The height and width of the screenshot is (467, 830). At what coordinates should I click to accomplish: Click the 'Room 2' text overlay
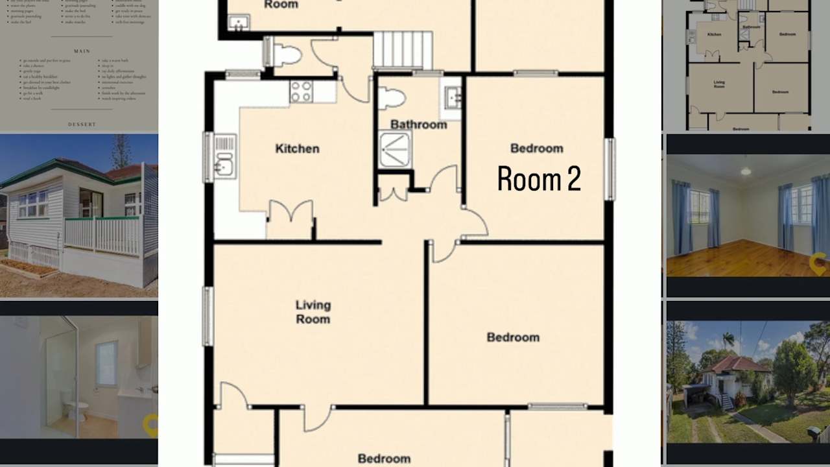539,179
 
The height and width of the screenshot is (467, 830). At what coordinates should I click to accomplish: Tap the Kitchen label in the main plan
297,149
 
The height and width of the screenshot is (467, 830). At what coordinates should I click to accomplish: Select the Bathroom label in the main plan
418,125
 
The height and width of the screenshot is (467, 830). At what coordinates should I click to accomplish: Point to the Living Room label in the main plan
313,312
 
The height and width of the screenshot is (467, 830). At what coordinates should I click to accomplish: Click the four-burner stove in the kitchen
301,91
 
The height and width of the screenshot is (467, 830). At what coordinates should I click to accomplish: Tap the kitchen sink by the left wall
224,157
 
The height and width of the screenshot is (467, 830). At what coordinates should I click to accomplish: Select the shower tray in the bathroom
395,149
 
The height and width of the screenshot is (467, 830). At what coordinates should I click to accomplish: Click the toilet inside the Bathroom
392,98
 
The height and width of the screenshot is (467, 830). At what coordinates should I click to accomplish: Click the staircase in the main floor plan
403,49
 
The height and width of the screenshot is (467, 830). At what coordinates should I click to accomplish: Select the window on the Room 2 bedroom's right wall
609,169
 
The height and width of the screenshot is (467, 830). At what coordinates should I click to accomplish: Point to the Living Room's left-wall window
208,316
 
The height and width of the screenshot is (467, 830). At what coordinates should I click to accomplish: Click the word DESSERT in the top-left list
82,125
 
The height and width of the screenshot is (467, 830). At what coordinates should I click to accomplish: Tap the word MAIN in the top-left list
82,51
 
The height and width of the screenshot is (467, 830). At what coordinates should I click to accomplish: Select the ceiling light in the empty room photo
746,171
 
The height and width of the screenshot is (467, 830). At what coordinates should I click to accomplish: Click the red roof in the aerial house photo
733,365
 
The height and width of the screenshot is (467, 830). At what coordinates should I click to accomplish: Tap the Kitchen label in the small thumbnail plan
714,34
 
